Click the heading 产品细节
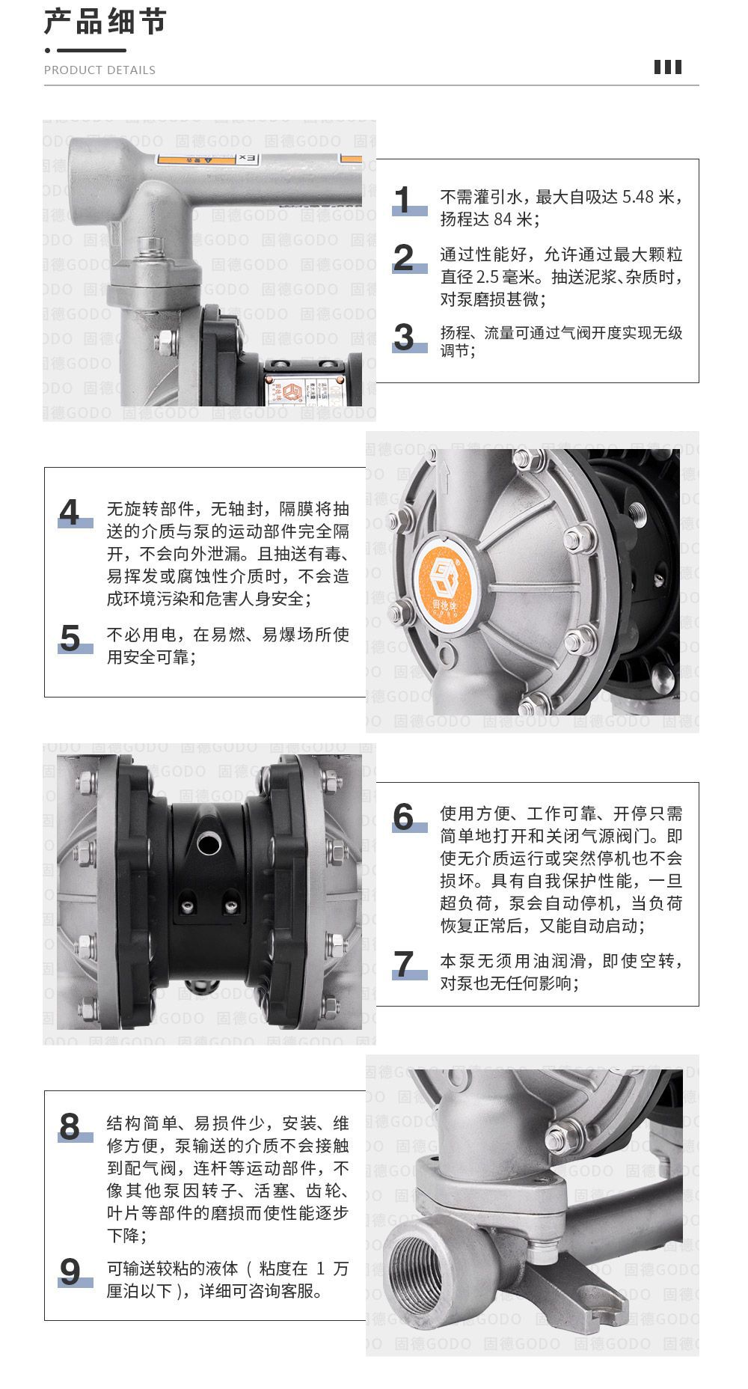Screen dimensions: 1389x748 pos(105,22)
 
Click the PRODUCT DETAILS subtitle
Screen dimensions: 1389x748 pos(99,70)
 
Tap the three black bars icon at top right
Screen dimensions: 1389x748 pos(667,67)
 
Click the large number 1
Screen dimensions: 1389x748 pos(404,201)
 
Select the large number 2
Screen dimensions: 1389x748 pos(404,258)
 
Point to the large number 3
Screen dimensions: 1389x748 pos(404,338)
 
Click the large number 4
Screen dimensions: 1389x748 pos(70,513)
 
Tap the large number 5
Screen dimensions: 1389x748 pos(70,638)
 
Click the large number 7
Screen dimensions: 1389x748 pos(404,964)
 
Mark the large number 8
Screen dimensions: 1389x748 pos(70,1126)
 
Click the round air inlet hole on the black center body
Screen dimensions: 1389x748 pos(209,843)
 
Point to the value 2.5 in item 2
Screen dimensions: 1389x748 pos(490,277)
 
